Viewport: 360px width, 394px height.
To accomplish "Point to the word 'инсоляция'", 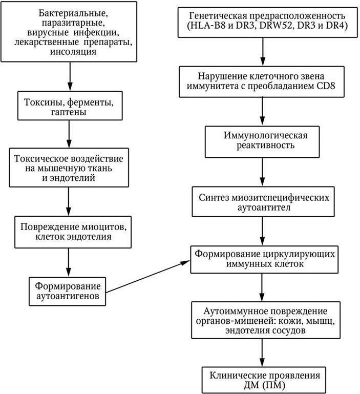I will (69, 51).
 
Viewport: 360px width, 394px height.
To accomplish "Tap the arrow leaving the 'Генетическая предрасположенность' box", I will (263, 51).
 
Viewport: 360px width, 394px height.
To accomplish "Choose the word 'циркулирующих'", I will (297, 255).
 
